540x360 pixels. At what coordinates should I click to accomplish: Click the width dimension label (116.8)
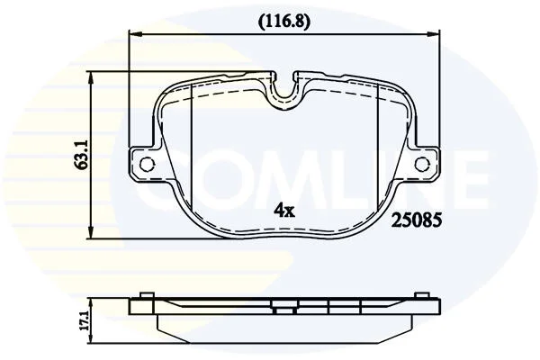click(x=284, y=22)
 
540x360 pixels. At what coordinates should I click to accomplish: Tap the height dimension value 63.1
click(x=82, y=155)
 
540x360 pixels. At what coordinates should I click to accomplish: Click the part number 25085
click(x=417, y=220)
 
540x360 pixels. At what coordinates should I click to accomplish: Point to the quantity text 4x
click(x=284, y=210)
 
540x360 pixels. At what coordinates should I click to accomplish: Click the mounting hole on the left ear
click(x=148, y=163)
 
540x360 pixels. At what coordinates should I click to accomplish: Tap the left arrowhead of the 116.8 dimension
click(x=135, y=34)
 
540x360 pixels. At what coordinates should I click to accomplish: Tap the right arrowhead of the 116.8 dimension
click(x=433, y=34)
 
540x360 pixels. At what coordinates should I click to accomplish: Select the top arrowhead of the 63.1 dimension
click(x=91, y=78)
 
